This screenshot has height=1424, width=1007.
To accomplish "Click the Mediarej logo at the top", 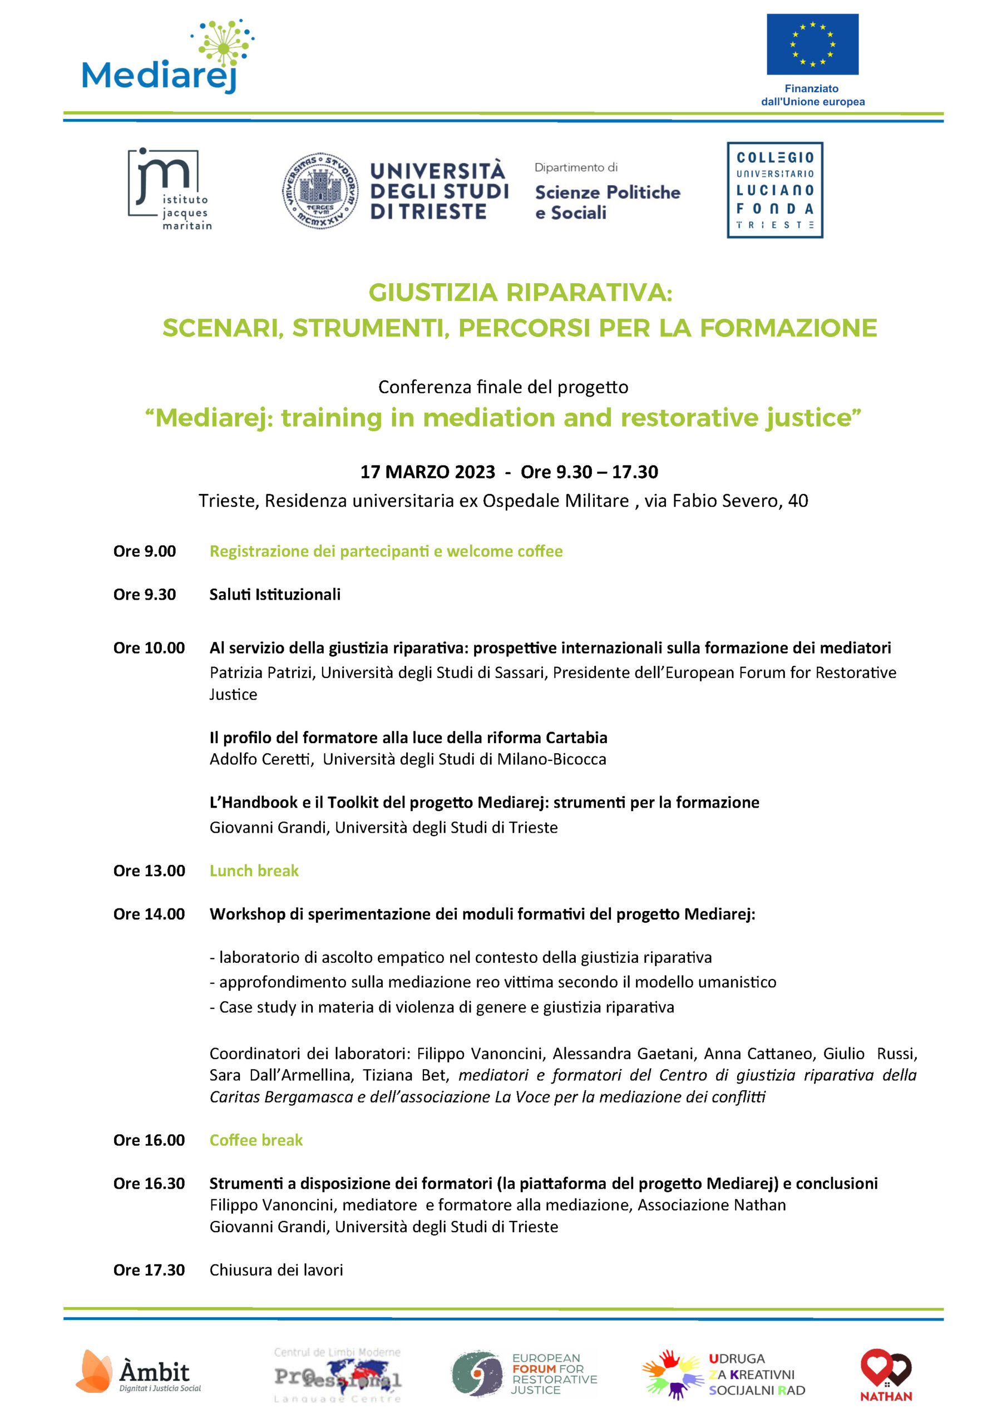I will click(167, 59).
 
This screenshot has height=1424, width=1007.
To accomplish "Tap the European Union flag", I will click(812, 44).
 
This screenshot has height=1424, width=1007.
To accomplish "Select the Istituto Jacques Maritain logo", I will click(169, 189).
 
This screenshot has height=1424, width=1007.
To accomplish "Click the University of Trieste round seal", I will click(320, 190).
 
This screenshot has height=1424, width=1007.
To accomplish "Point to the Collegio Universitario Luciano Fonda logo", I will click(775, 190).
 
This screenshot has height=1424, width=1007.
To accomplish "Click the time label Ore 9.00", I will click(145, 551).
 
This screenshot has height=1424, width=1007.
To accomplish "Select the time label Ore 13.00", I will click(149, 870).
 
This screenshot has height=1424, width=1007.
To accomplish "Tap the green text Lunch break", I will click(254, 870).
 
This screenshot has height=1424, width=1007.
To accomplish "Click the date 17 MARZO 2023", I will click(427, 472).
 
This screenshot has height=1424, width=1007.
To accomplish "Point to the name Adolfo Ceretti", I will click(260, 759).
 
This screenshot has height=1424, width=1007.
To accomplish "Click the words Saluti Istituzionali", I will click(275, 594).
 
